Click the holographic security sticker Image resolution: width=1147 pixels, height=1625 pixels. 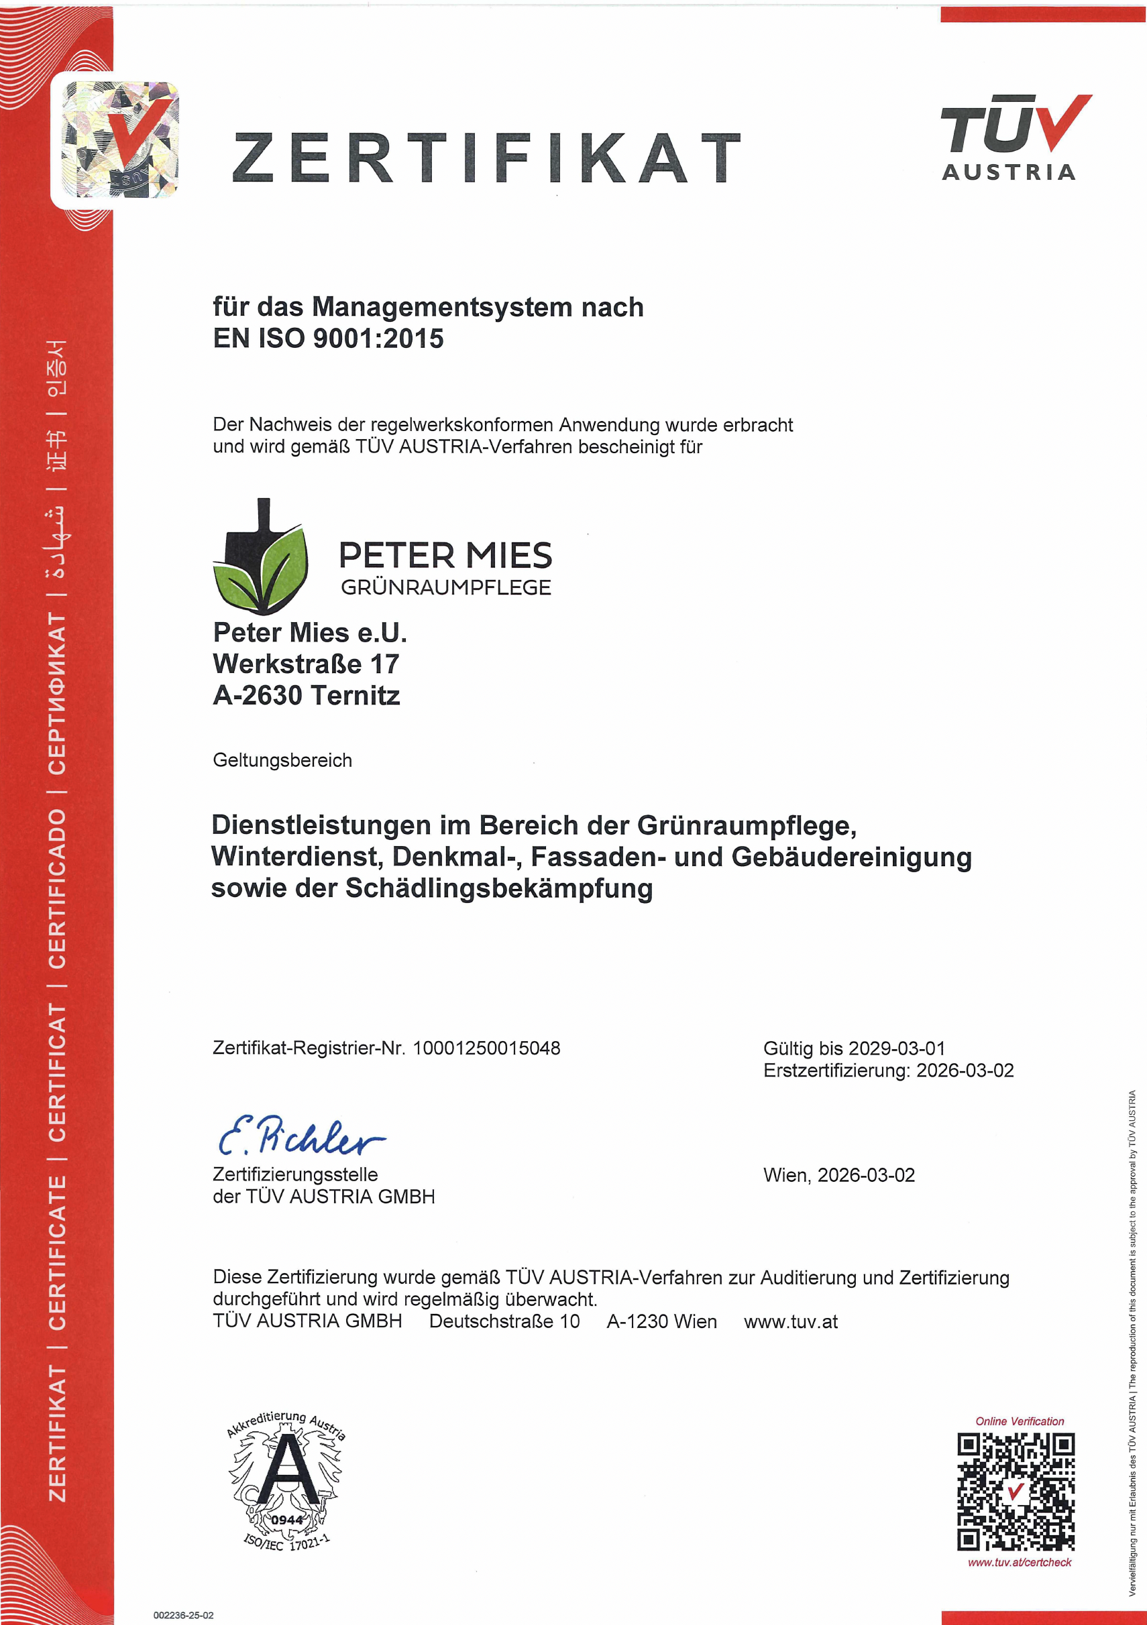pyautogui.click(x=120, y=139)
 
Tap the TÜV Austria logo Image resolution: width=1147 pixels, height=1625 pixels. pyautogui.click(x=1014, y=138)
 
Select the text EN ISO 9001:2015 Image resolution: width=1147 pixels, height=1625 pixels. pyautogui.click(x=328, y=339)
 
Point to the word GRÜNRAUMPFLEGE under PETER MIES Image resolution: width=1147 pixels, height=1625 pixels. pyautogui.click(x=445, y=587)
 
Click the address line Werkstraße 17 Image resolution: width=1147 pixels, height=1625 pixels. pyautogui.click(x=306, y=664)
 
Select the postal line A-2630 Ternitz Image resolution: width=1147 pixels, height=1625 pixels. pyautogui.click(x=306, y=696)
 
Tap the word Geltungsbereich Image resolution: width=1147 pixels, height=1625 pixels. pyautogui.click(x=282, y=760)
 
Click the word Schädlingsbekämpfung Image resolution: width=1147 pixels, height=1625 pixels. pyautogui.click(x=498, y=888)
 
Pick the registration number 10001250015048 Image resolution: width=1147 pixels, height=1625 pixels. pyautogui.click(x=486, y=1048)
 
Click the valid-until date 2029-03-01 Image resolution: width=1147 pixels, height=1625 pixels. pyautogui.click(x=896, y=1048)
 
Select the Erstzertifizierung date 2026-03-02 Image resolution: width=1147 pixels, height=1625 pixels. pyautogui.click(x=965, y=1070)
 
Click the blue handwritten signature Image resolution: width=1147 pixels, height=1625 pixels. pyautogui.click(x=301, y=1134)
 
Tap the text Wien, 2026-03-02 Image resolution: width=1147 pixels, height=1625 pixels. pyautogui.click(x=838, y=1175)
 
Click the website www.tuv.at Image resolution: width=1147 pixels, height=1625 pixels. pyautogui.click(x=790, y=1321)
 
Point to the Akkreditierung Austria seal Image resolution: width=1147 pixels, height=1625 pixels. pyautogui.click(x=286, y=1482)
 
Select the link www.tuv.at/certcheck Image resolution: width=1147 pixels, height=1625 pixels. pyautogui.click(x=1019, y=1562)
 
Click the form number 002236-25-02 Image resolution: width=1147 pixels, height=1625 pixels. pyautogui.click(x=183, y=1616)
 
